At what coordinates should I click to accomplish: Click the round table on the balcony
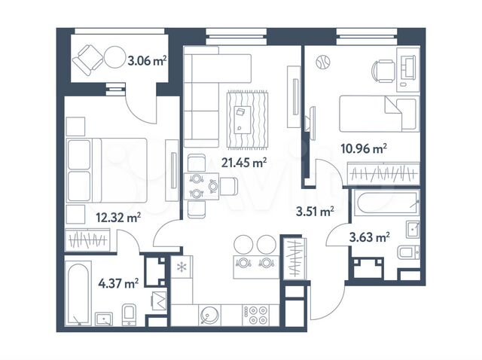coord(115,57)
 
